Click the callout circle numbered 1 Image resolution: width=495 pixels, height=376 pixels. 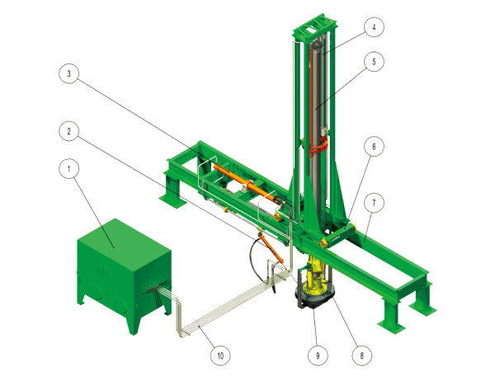(68, 169)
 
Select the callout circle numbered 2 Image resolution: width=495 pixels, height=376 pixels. (68, 131)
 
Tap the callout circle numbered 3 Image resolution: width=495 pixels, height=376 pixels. (68, 74)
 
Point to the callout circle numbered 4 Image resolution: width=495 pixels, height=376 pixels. (374, 27)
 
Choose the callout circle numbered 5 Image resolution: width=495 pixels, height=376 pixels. (374, 62)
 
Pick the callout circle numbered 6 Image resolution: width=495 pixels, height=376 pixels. (374, 147)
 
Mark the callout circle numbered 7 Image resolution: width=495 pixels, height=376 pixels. (374, 203)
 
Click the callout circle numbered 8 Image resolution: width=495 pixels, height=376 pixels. (362, 355)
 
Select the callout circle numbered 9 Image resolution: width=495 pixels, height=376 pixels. (318, 355)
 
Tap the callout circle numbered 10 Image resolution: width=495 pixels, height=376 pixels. (220, 355)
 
